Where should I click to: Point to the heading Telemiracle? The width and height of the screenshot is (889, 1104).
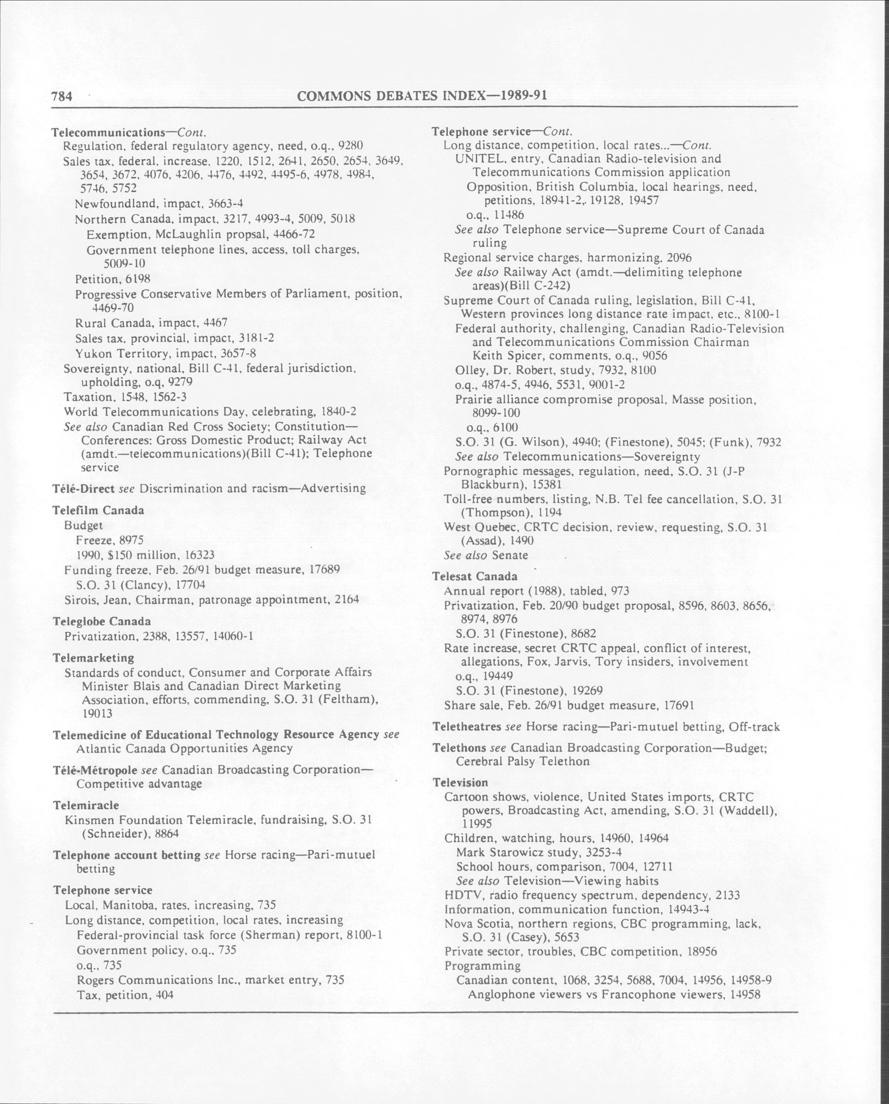pyautogui.click(x=85, y=805)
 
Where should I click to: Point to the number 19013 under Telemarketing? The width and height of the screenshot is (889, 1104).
pyautogui.click(x=97, y=713)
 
